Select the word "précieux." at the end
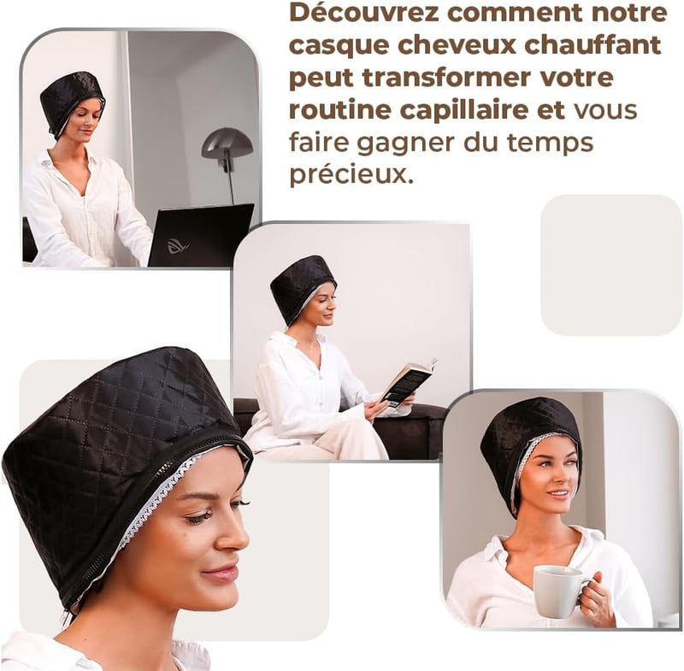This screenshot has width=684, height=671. [351, 174]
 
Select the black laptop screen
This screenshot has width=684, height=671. [201, 234]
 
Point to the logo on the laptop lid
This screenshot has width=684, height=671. [178, 246]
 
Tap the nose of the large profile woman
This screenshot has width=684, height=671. [236, 537]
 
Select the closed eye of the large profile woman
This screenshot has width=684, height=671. [203, 517]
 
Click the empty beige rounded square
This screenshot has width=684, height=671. [610, 265]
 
